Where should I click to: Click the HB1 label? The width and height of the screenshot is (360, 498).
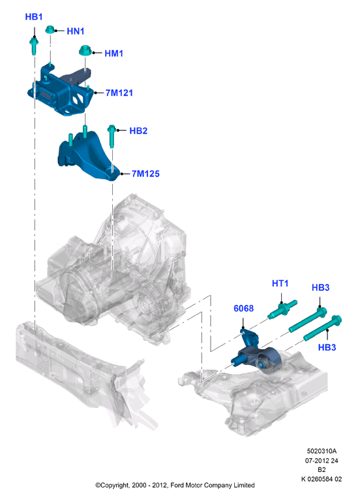point(34,17)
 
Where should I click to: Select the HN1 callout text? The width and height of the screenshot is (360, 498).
point(75,31)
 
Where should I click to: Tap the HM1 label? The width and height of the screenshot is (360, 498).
point(113,53)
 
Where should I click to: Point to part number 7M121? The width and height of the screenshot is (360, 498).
point(119,93)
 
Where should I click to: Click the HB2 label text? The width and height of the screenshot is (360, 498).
point(138,131)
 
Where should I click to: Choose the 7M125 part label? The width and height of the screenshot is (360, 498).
point(145,174)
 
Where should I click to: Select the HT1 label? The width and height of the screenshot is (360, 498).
point(280,284)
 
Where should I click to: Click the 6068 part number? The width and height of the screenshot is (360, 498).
point(244,308)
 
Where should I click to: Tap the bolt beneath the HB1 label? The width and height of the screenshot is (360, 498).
point(34,46)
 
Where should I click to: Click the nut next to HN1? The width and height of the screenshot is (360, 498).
point(50,29)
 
